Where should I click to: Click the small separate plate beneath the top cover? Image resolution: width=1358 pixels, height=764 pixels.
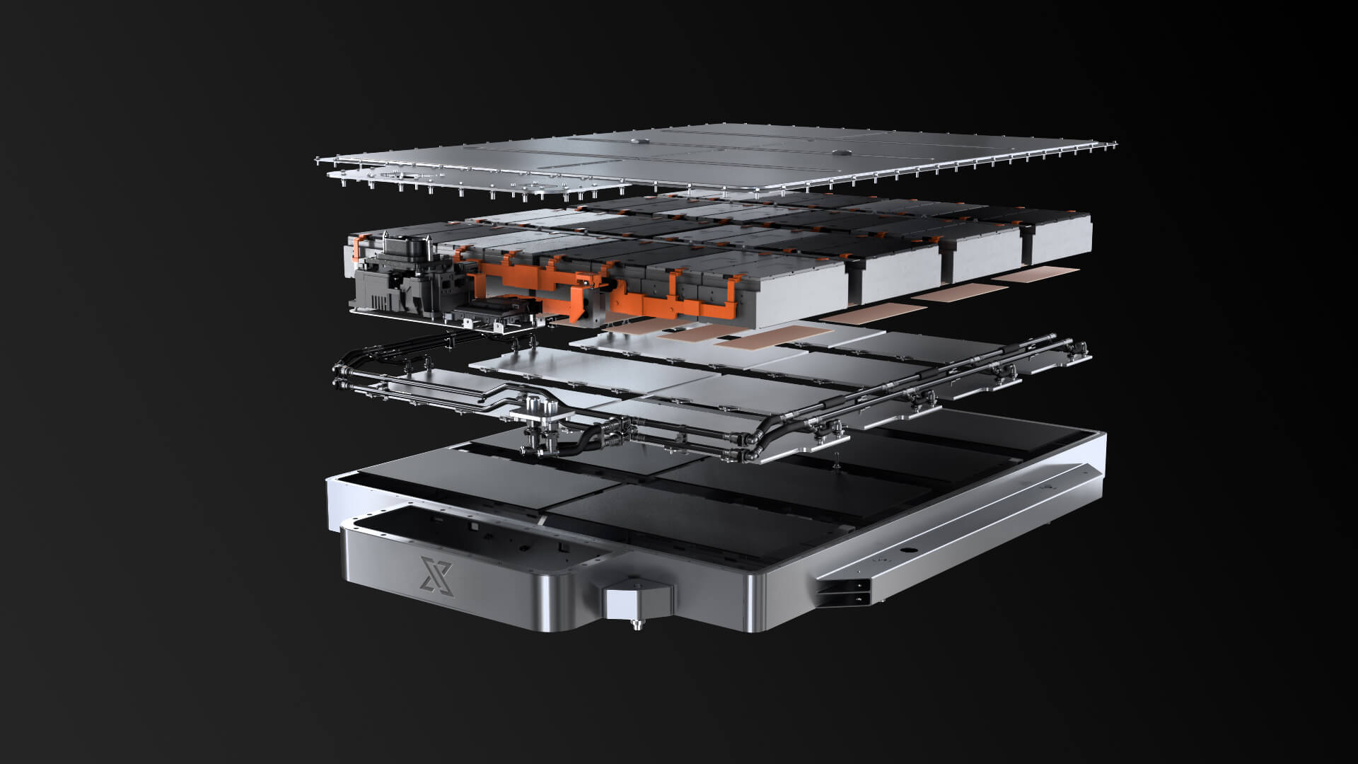click(x=396, y=177)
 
